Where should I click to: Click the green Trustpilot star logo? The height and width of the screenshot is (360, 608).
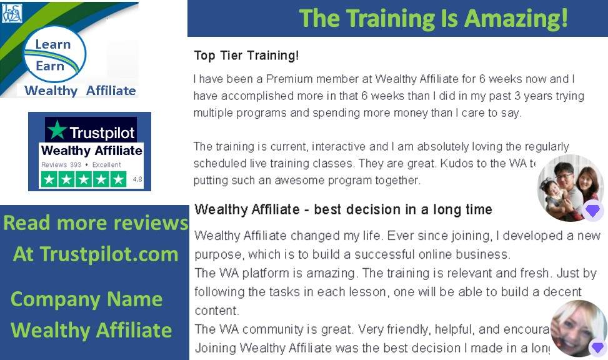tap(57, 130)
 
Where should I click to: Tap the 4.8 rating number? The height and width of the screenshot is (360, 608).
tap(137, 179)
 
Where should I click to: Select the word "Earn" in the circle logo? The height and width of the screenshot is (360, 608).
tap(50, 66)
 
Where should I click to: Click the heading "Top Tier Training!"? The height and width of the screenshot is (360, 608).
tap(246, 56)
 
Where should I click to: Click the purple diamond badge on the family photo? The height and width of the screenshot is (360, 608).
tap(592, 211)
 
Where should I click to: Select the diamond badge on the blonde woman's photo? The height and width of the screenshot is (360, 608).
tap(597, 347)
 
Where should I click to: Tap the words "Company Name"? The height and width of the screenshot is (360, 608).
tap(86, 299)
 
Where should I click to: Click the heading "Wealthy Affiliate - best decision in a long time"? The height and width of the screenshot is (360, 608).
tap(343, 209)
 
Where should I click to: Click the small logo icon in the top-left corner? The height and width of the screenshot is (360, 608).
tap(12, 12)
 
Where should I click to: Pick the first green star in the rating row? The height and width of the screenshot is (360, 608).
tap(49, 179)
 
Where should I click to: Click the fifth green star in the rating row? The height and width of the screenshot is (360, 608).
tap(118, 179)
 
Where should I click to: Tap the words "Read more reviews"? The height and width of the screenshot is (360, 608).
tap(95, 223)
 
